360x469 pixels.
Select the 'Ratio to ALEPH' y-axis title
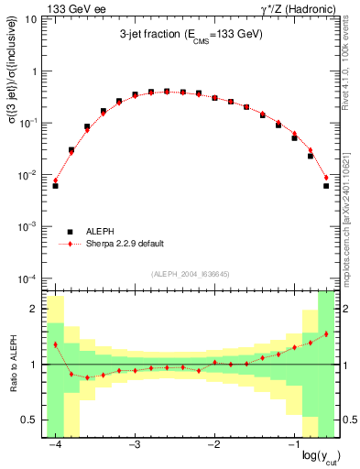tap(12, 365)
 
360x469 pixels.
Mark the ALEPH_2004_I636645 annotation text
tap(191, 274)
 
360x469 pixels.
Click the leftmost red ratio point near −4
tap(55, 344)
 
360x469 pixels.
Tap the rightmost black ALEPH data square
tap(326, 186)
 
